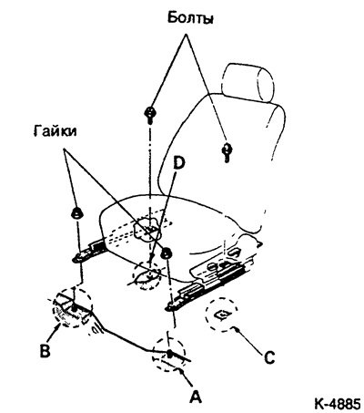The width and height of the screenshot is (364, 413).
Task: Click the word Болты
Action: point(190,18)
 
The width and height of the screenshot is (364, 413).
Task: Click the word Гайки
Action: point(55,131)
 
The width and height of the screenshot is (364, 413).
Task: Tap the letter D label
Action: point(178,163)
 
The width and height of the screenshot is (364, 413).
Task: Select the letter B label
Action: point(45,350)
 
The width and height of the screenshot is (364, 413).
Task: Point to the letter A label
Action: point(195,396)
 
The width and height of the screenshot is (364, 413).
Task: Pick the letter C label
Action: point(269,357)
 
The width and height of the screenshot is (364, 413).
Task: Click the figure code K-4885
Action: point(338,404)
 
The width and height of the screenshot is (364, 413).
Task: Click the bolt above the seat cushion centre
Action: point(150,115)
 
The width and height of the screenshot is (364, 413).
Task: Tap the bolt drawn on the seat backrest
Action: point(227,150)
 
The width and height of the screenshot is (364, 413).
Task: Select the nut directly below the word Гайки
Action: point(76,213)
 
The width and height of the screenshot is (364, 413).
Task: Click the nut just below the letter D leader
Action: point(167,253)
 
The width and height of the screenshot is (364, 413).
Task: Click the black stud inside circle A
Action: point(169,354)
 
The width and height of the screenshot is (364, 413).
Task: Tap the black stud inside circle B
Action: point(74,308)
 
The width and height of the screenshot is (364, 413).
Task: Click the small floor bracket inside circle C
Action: point(223,315)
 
